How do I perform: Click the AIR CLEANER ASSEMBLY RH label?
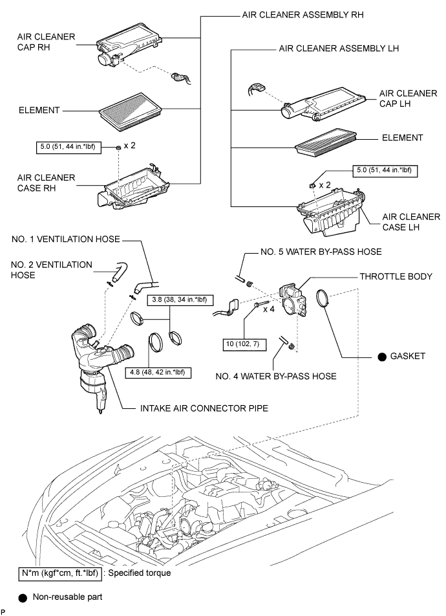[x=303, y=15]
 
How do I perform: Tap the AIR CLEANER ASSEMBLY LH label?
[x=339, y=49]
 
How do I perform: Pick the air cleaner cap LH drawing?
[x=323, y=104]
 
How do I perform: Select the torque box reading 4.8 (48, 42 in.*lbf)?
[x=158, y=373]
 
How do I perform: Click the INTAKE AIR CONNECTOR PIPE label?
[x=204, y=408]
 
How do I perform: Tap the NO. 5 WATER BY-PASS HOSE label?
[x=321, y=252]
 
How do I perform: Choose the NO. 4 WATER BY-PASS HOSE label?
[x=276, y=377]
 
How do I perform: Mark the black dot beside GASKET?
[x=382, y=357]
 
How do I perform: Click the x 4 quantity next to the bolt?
[x=269, y=309]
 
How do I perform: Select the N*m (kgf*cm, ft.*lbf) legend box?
[x=60, y=573]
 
